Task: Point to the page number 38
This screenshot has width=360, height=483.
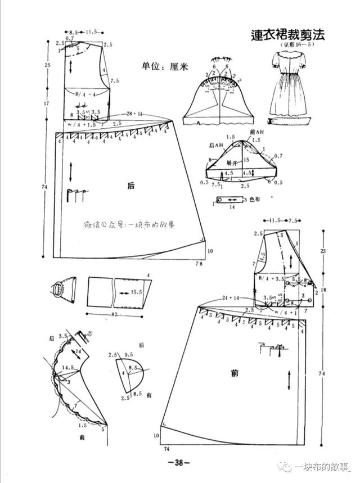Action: click(x=179, y=463)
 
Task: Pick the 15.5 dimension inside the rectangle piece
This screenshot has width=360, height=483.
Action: click(x=137, y=292)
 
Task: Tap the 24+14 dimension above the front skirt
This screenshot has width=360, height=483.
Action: click(x=231, y=296)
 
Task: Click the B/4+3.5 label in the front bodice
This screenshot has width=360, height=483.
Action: click(x=271, y=278)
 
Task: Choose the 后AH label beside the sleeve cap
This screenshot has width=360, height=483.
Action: click(x=215, y=146)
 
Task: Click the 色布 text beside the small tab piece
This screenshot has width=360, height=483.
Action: click(x=260, y=198)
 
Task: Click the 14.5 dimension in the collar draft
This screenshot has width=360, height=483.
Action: click(x=68, y=368)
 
